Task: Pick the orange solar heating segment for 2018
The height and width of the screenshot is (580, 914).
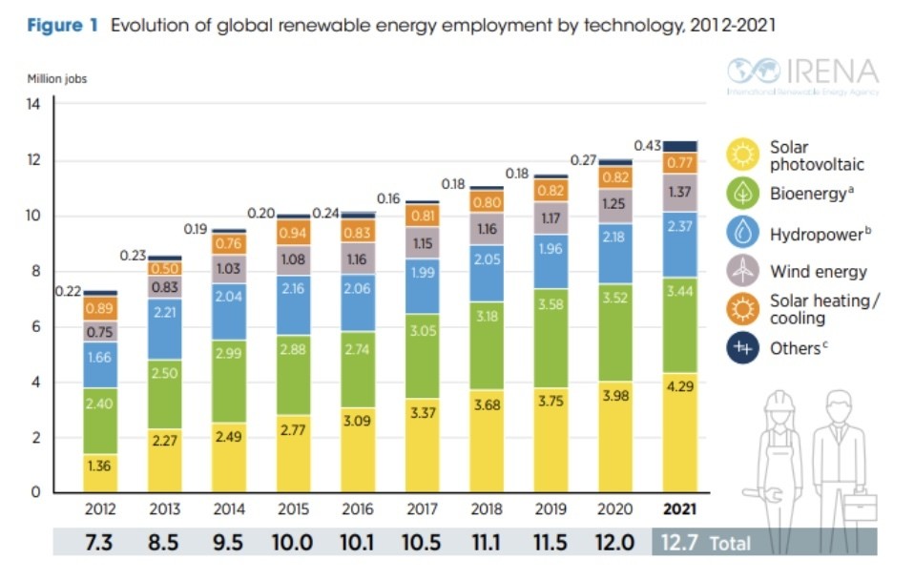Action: coord(486,201)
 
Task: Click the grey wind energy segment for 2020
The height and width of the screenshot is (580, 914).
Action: coord(613,204)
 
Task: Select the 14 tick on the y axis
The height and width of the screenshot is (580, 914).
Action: coord(32,105)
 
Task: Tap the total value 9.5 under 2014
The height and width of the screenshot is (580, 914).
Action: coord(227,543)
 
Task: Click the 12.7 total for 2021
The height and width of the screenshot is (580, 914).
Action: coord(678,543)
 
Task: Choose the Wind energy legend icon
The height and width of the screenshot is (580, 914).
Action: coord(742,271)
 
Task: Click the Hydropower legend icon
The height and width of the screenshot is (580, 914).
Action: coord(742,233)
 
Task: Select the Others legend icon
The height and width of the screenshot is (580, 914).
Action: coord(742,348)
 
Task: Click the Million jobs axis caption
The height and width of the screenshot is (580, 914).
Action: coord(56,79)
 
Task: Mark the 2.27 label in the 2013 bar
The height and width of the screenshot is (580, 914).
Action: coord(165,440)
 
